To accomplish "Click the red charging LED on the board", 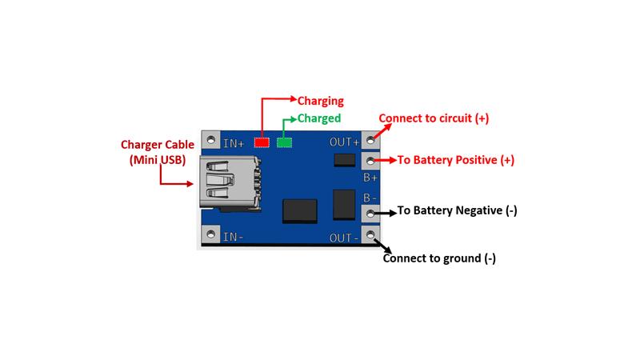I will click(x=261, y=142).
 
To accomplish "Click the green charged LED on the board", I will click(x=284, y=142).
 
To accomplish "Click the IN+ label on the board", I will click(x=234, y=143).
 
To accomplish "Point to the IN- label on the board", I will click(x=234, y=236).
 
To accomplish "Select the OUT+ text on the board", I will click(x=345, y=142).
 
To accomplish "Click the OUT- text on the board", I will click(x=345, y=237).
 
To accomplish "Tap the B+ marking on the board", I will click(x=370, y=178).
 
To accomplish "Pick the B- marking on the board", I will click(x=370, y=198).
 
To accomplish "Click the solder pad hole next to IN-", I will click(x=211, y=235).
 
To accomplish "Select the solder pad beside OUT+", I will click(x=370, y=141).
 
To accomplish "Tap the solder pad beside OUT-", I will click(x=370, y=235).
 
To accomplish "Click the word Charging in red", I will click(x=320, y=102).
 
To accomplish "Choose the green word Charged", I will click(x=319, y=118).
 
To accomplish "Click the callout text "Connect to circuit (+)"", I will click(x=434, y=118).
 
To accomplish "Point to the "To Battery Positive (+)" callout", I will click(x=456, y=160).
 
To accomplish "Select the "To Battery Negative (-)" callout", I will click(x=457, y=211).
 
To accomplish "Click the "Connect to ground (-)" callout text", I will click(x=439, y=258).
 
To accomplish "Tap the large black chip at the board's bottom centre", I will click(x=300, y=209).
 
